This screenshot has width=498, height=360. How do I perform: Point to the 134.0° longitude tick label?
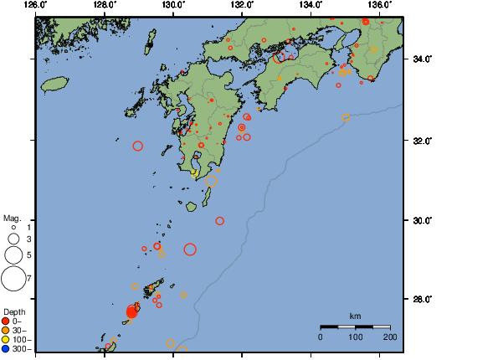pos(311,4)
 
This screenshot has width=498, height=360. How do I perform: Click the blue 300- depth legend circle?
pos(6,349)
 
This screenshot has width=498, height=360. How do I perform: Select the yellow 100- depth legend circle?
pos(6,340)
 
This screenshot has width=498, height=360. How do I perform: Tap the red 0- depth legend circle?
pos(6,321)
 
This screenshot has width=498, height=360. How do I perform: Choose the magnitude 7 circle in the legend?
pos(13,277)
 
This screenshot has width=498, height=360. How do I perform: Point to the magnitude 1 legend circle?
pos(13,227)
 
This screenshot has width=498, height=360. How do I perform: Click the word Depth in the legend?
pos(14,312)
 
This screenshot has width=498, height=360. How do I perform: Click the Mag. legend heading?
pos(12,217)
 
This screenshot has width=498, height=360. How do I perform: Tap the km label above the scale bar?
pos(355,316)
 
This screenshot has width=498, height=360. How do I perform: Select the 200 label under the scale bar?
pos(390,337)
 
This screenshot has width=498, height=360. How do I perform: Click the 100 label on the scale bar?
pos(355,337)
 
